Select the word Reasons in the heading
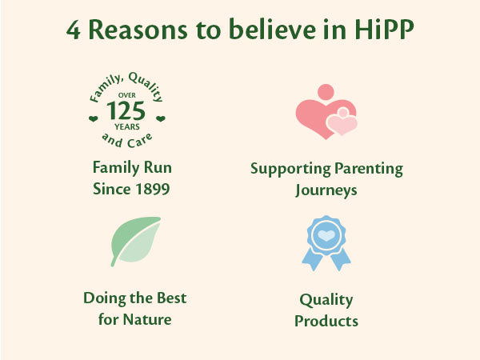(133, 31)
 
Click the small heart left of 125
(93, 118)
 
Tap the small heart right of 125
(161, 118)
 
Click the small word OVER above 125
(127, 94)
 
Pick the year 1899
(151, 190)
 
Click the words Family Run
(132, 169)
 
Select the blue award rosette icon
(326, 242)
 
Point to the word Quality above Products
(326, 300)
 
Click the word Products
(326, 321)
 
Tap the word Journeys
(326, 190)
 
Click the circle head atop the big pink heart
(326, 92)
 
